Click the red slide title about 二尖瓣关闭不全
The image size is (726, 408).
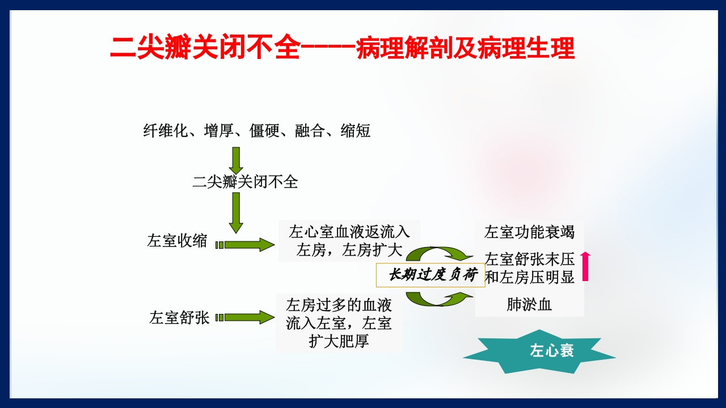click(x=342, y=48)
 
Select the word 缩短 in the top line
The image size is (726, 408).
click(x=356, y=131)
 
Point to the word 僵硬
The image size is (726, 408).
click(x=265, y=131)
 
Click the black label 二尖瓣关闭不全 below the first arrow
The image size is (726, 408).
click(x=245, y=182)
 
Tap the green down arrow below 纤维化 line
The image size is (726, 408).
click(x=237, y=160)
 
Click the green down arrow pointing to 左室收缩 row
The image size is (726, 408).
click(x=237, y=212)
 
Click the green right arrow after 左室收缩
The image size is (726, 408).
click(x=245, y=245)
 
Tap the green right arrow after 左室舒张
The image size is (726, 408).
click(x=245, y=317)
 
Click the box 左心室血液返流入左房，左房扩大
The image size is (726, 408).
click(x=349, y=241)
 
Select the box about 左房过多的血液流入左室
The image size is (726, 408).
click(x=339, y=323)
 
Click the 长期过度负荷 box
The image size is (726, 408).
click(x=430, y=275)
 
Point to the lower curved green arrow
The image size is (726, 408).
click(x=440, y=298)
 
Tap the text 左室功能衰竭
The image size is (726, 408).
click(x=529, y=232)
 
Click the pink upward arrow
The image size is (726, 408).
click(x=585, y=266)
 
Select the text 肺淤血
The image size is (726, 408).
click(x=529, y=305)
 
